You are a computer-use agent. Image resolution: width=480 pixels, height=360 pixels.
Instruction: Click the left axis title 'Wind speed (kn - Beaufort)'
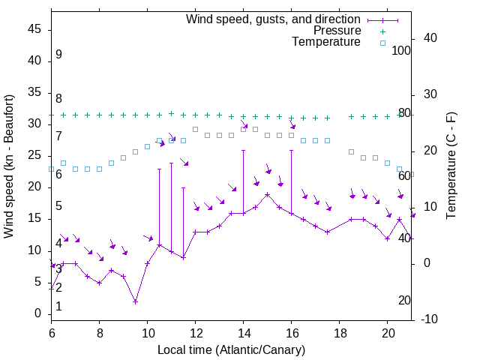8,166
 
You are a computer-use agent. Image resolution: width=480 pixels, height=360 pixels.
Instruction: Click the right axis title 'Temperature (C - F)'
451,166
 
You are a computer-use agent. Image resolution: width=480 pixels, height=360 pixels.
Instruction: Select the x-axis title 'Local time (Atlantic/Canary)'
231,349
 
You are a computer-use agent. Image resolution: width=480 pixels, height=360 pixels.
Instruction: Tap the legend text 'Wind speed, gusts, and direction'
273,19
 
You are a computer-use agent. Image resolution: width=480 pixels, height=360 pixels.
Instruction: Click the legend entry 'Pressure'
338,31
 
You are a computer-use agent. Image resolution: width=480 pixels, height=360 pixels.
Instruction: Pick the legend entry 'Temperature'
326,42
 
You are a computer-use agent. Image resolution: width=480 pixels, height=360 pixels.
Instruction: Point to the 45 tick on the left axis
34,30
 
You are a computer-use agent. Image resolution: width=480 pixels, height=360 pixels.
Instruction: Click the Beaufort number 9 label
58,55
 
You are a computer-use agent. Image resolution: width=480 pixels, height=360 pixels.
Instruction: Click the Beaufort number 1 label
58,307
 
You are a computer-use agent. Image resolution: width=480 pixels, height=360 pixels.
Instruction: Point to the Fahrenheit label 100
401,50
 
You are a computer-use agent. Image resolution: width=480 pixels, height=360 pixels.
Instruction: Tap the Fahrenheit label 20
404,300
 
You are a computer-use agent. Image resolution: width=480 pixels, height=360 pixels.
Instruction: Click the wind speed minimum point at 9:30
135,301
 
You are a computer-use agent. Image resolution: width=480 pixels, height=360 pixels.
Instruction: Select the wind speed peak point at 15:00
267,194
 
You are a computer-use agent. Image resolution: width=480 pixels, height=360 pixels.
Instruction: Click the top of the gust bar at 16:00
291,150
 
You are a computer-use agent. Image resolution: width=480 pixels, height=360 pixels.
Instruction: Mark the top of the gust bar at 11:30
183,187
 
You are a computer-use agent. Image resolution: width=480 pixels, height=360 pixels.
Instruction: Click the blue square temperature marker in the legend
382,43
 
